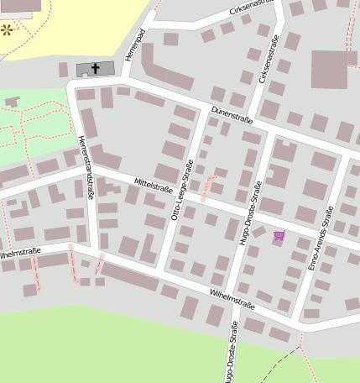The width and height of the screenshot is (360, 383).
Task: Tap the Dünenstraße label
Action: coord(232,114)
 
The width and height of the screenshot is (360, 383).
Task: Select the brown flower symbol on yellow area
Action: coord(8,30)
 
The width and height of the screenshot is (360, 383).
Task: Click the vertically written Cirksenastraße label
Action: coord(270,59)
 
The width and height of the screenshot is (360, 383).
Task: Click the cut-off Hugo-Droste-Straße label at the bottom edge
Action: coord(232,356)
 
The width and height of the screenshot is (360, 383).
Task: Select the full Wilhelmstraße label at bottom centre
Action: coord(232,298)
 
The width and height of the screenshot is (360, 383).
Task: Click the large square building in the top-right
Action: coord(329,69)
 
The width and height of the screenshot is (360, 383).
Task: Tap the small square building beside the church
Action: coord(64,69)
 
